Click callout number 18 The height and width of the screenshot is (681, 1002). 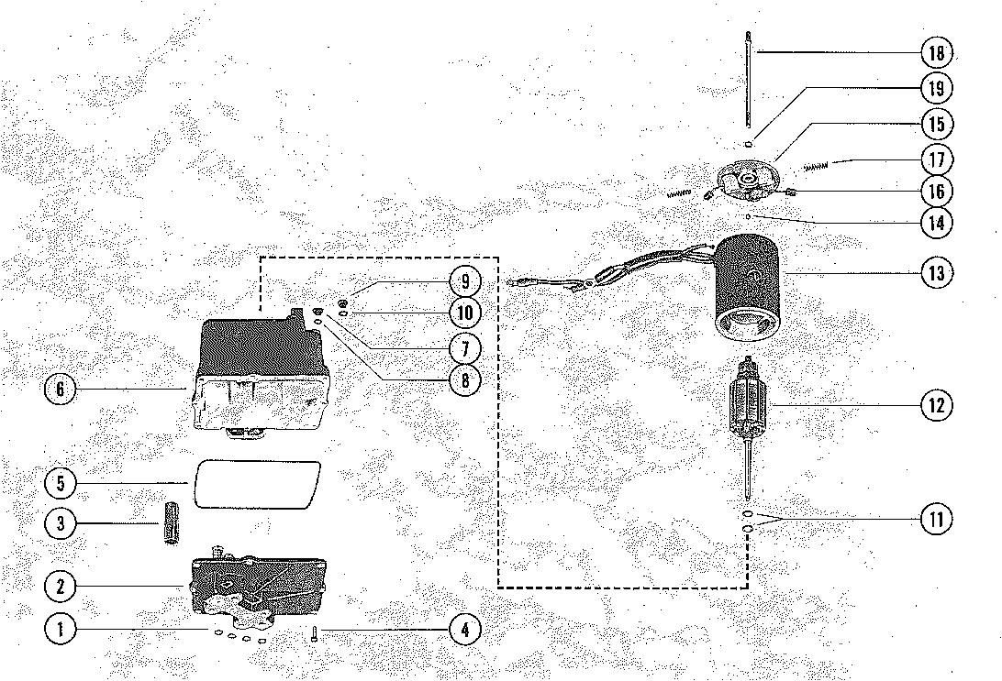(936, 53)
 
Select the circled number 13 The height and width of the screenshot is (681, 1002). (936, 273)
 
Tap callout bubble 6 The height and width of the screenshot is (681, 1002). (61, 390)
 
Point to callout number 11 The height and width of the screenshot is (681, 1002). (936, 520)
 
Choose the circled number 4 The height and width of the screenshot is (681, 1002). (465, 630)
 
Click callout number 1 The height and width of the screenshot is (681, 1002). (61, 630)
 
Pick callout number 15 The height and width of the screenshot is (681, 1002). (936, 124)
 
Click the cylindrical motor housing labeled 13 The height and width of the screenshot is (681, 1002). (749, 284)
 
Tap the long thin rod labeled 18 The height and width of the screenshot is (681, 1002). (748, 82)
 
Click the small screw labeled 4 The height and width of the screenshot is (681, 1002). (314, 632)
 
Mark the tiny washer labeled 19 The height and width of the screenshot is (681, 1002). (749, 143)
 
